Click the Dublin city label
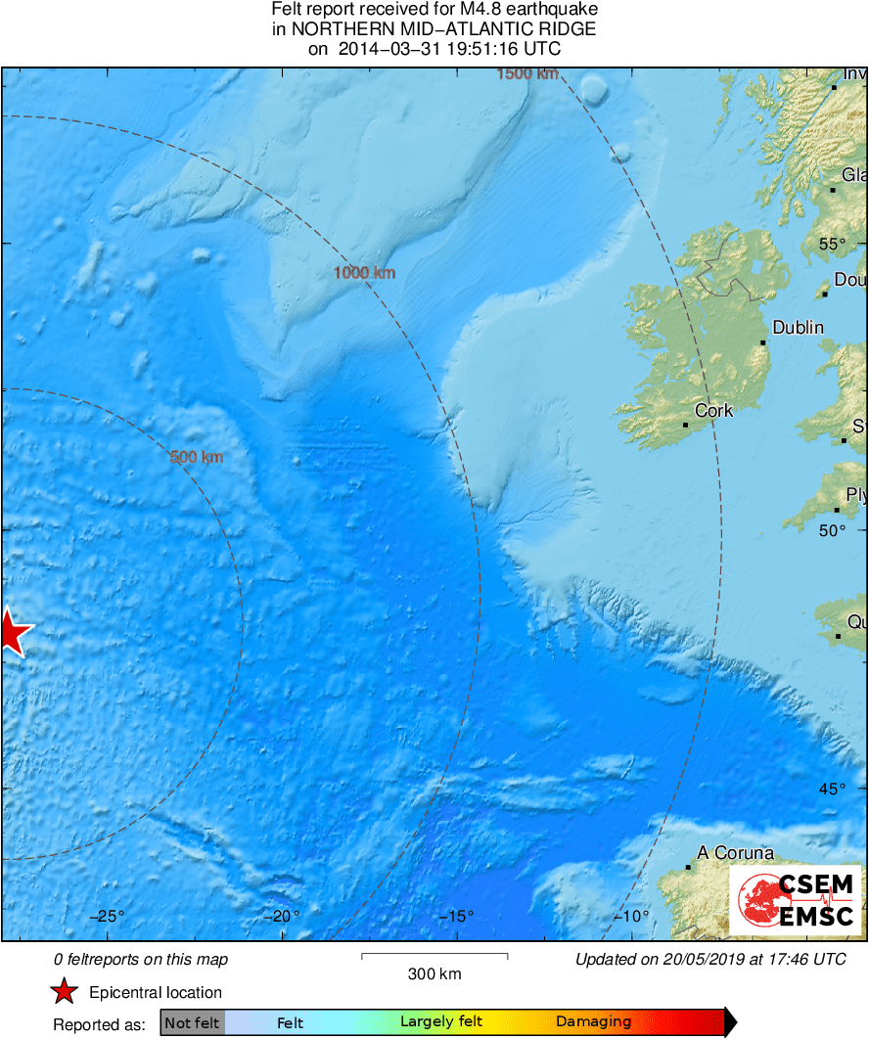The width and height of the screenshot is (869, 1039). [799, 328]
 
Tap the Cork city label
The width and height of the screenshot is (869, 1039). [713, 411]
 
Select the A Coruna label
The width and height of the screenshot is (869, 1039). [736, 853]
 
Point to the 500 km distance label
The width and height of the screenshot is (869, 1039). [197, 457]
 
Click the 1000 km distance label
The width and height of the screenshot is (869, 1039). [364, 273]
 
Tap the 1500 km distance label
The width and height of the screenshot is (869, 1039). [527, 74]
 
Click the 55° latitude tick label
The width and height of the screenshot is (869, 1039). [831, 244]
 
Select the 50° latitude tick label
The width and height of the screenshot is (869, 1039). [831, 530]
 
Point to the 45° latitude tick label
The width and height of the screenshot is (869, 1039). [831, 789]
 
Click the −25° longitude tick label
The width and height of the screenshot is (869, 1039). [108, 917]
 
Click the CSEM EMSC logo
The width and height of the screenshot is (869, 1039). [795, 901]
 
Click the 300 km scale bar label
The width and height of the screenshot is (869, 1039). [434, 973]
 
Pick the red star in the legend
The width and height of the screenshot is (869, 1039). [65, 992]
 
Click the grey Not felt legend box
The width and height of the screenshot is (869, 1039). [193, 1022]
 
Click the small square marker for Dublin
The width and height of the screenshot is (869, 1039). [763, 342]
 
